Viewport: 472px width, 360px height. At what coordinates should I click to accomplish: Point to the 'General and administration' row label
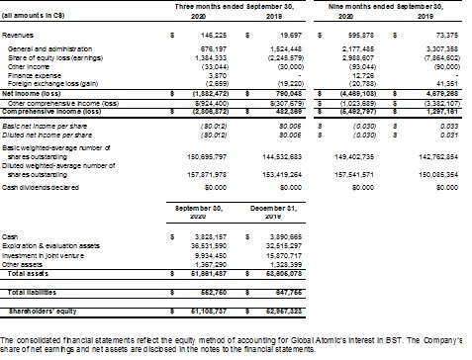[41, 48]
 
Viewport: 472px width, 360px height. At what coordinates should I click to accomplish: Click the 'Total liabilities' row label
[36, 293]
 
